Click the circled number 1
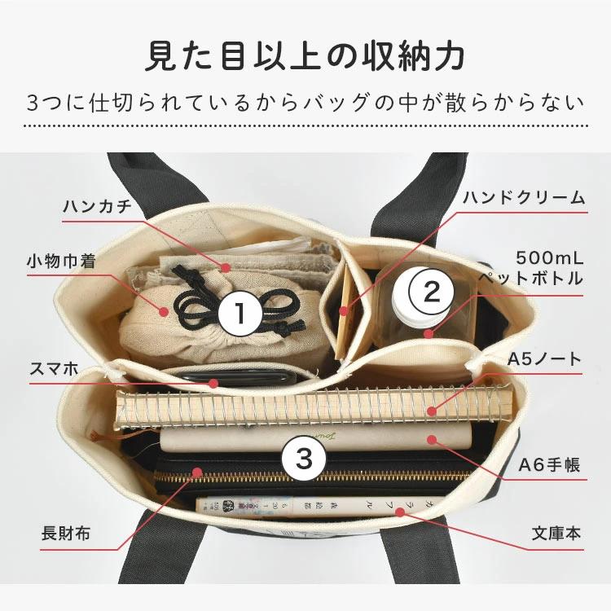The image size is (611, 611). point(240,314)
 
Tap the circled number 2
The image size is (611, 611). point(431,292)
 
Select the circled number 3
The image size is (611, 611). point(304,458)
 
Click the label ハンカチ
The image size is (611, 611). point(98,206)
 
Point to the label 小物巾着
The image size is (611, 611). point(62,261)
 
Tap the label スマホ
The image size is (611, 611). point(54,369)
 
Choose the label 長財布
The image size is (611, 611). point(66,533)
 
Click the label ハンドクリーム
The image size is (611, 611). point(524,198)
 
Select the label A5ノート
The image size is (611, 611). point(544,359)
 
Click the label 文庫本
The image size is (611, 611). point(556,533)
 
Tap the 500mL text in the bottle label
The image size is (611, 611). point(549,258)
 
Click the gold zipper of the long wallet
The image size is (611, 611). point(312,476)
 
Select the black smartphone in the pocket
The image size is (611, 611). point(237,378)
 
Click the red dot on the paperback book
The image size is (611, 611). point(400,512)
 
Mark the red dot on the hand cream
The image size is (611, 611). point(343,311)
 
